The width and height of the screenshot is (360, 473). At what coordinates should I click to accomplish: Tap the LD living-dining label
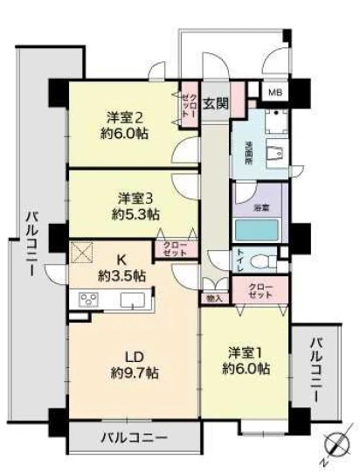(x=134, y=356)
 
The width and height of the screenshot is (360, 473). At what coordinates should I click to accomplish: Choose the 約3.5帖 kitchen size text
(x=121, y=276)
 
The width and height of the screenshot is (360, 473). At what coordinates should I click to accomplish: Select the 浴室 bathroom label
(x=260, y=209)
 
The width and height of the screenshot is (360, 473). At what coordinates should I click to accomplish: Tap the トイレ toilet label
(x=240, y=259)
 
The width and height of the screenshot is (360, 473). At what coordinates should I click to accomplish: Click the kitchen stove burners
(x=90, y=300)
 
